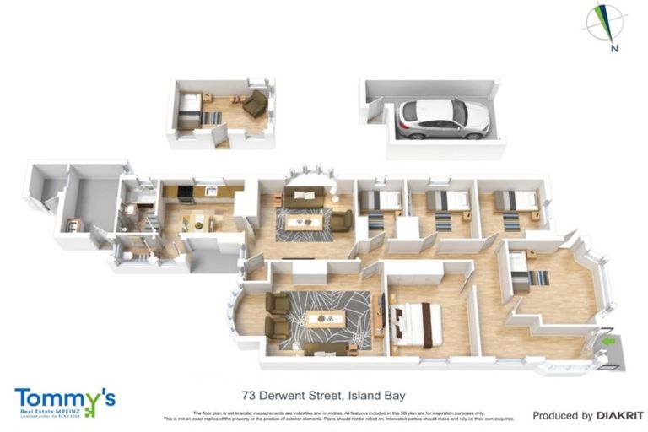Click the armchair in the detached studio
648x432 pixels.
[255, 105]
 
